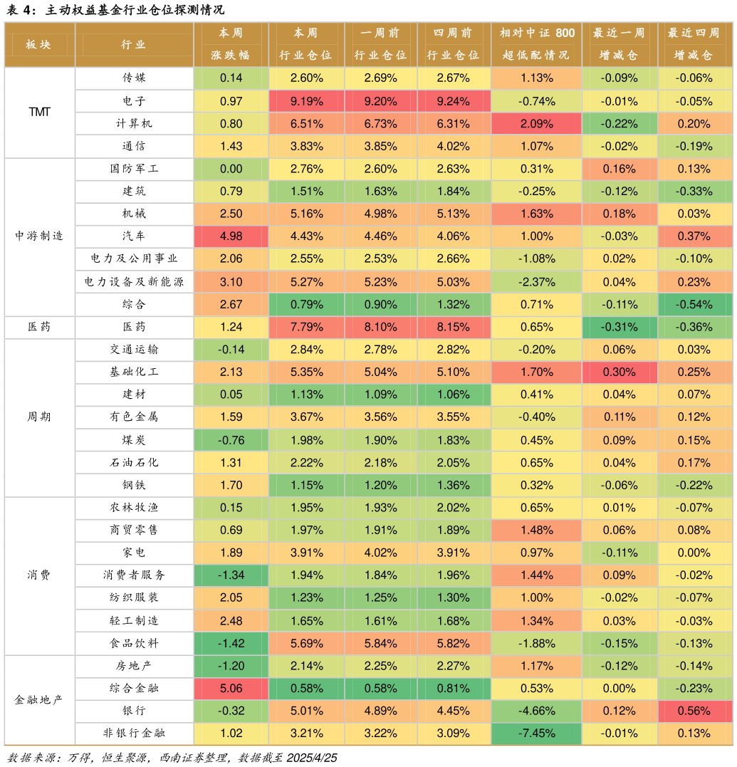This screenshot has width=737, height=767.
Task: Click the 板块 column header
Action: pyautogui.click(x=39, y=44)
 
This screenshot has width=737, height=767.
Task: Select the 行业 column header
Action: pyautogui.click(x=134, y=44)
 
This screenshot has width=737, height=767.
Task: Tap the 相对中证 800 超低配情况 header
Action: pyautogui.click(x=536, y=44)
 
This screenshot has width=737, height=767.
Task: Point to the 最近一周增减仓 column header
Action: pyautogui.click(x=619, y=44)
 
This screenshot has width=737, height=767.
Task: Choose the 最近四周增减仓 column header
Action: pyautogui.click(x=694, y=44)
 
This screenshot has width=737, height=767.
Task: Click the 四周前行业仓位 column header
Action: pyautogui.click(x=454, y=44)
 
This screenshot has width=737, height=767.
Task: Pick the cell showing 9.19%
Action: pyautogui.click(x=306, y=101)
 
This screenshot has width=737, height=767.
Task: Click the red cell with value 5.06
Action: pyautogui.click(x=231, y=689)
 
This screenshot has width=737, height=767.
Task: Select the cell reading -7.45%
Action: pyautogui.click(x=536, y=734)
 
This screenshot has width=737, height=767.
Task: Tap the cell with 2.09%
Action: pyautogui.click(x=536, y=124)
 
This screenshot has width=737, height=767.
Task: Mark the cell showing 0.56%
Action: pyautogui.click(x=694, y=711)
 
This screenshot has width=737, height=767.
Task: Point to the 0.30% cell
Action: pyautogui.click(x=619, y=372)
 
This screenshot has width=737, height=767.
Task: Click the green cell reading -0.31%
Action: pyautogui.click(x=619, y=327)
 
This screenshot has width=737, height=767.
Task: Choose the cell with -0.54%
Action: pyautogui.click(x=694, y=304)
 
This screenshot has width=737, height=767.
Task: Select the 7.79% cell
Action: pyautogui.click(x=306, y=327)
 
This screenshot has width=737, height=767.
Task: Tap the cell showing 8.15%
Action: pyautogui.click(x=454, y=327)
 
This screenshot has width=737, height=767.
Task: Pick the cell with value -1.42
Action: pyautogui.click(x=231, y=643)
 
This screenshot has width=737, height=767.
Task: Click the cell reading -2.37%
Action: pyautogui.click(x=536, y=282)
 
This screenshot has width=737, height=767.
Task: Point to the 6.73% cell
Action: pyautogui.click(x=380, y=124)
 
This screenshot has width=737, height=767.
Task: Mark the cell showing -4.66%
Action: pyautogui.click(x=536, y=711)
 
